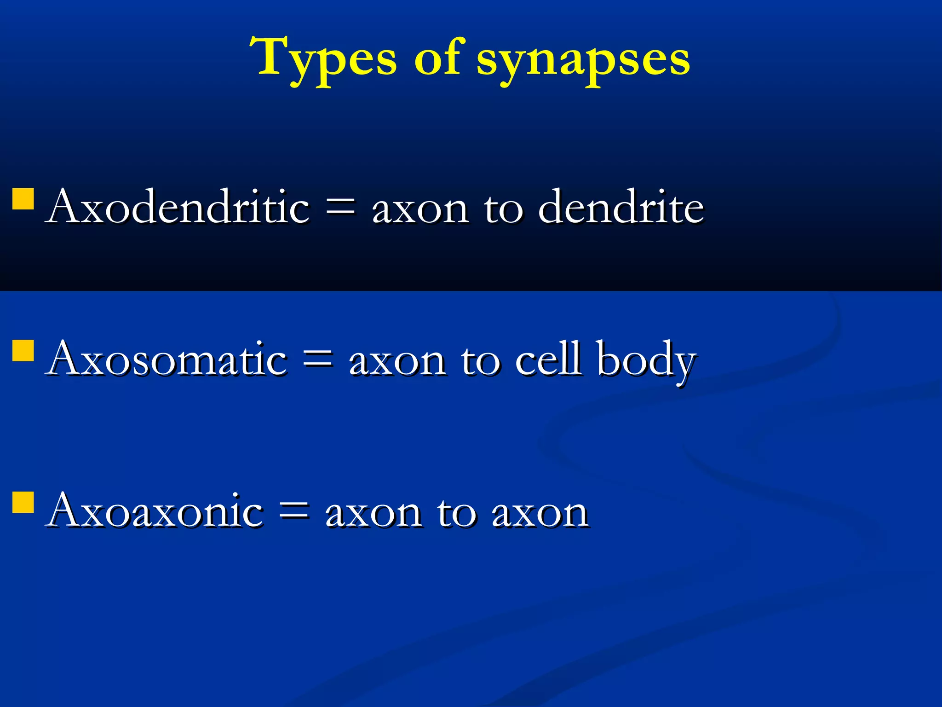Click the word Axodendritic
[x=179, y=207]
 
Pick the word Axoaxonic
[x=155, y=511]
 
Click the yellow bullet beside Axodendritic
[x=23, y=199]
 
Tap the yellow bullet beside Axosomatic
[x=23, y=351]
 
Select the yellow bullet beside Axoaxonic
[x=23, y=502]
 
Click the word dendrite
[x=621, y=207]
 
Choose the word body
[x=646, y=361]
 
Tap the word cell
[x=547, y=359]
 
